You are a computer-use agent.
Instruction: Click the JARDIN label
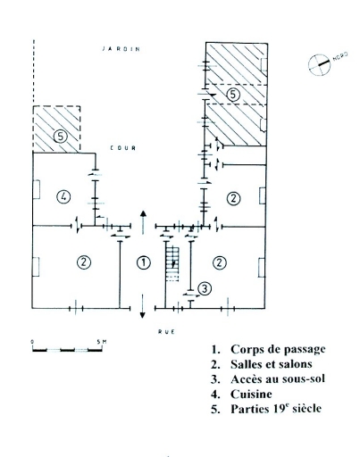[121, 49]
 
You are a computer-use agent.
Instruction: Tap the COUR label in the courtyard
[123, 148]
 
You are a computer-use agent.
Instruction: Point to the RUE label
[166, 331]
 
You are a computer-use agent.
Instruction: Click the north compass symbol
[319, 64]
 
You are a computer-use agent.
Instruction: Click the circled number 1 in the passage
[144, 262]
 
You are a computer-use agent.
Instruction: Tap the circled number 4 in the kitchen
[63, 196]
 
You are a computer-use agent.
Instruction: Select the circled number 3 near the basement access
[205, 288]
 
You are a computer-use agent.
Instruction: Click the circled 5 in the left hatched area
[61, 137]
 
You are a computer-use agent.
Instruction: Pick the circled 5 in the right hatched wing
[233, 95]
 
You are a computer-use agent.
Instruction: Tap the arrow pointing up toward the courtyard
[143, 222]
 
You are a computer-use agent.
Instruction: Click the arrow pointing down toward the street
[143, 306]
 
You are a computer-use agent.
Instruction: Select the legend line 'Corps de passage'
[268, 349]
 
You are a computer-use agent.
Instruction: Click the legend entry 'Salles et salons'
[262, 364]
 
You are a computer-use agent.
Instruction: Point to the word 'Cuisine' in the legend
[251, 394]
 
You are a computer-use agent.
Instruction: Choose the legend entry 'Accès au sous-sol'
[268, 379]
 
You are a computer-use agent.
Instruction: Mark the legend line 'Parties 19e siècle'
[266, 409]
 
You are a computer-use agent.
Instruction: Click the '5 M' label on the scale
[102, 342]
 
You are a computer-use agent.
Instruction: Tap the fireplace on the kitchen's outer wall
[36, 189]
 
